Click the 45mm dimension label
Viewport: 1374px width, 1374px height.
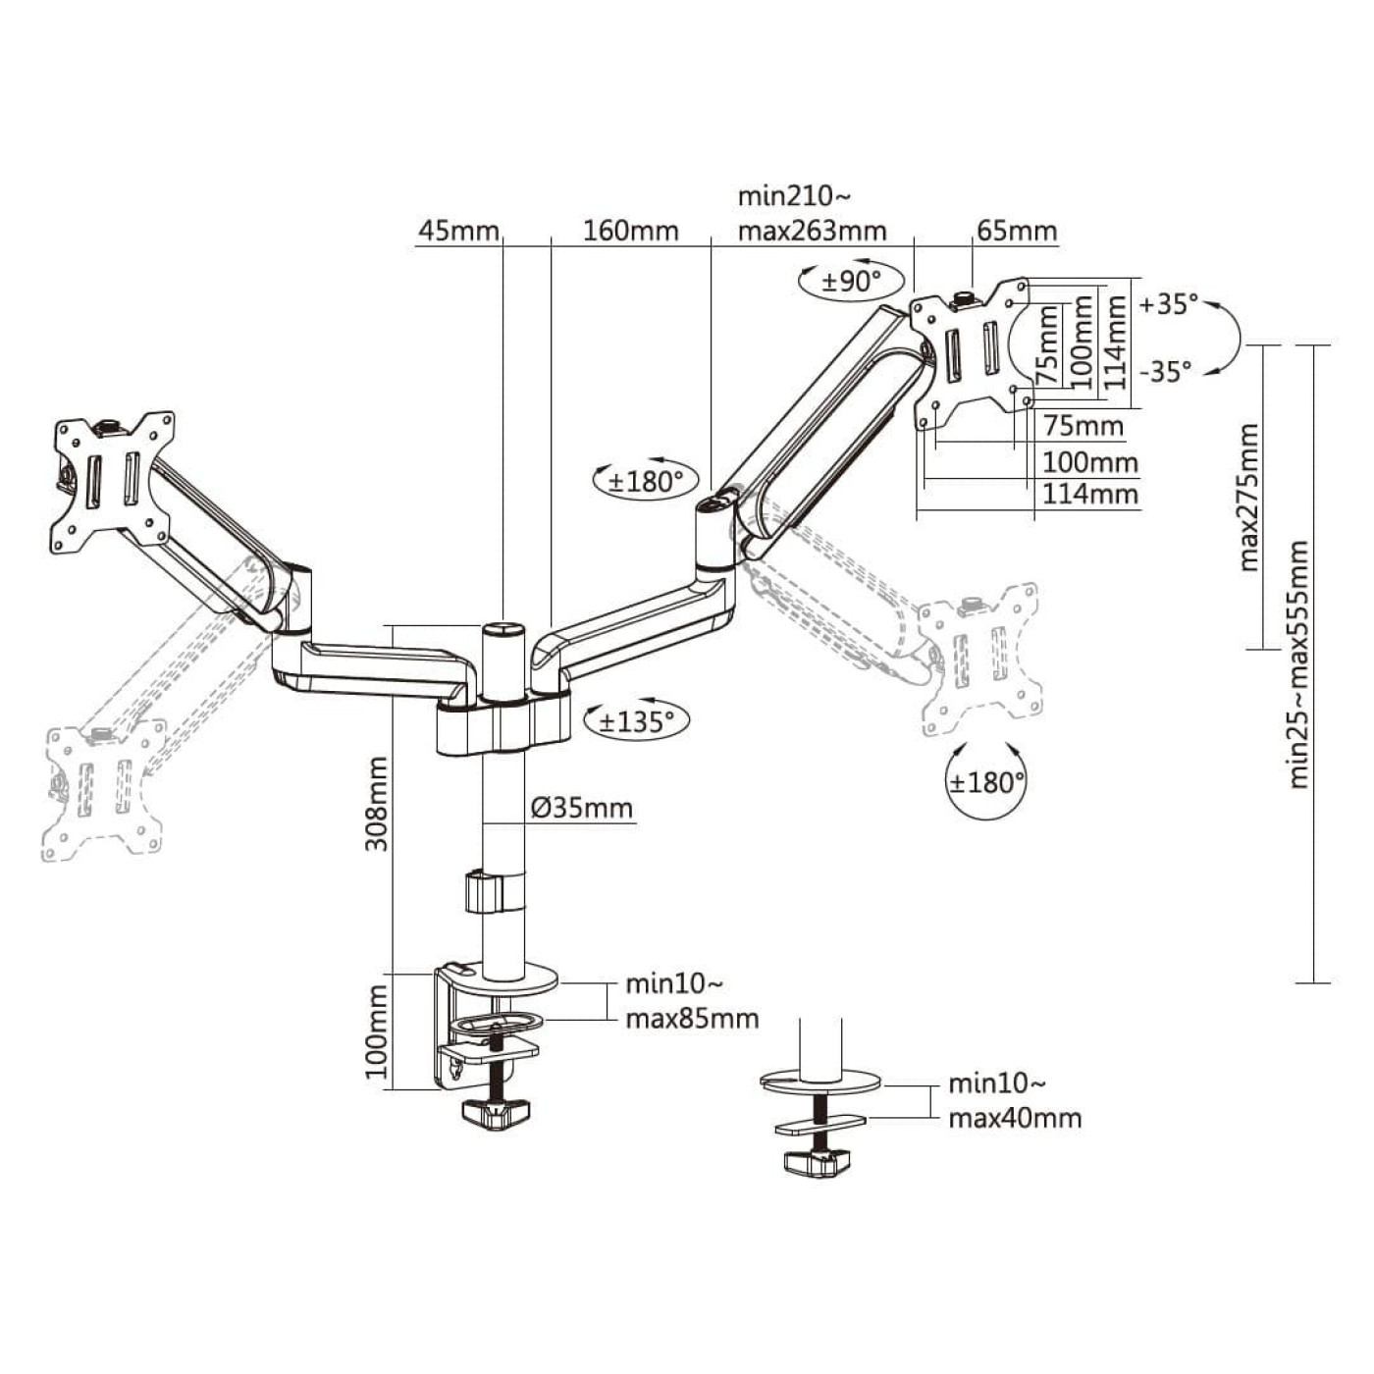[x=458, y=231]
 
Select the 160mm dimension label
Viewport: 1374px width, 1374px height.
[x=630, y=231]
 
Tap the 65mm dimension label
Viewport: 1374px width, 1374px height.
[x=1017, y=231]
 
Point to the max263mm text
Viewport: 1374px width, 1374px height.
[x=812, y=231]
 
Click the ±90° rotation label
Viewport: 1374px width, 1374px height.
[x=851, y=282]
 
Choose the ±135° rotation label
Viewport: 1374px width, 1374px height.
[x=637, y=721]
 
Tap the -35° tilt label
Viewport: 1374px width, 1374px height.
[x=1166, y=371]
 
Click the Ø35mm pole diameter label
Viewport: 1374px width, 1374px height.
[x=581, y=808]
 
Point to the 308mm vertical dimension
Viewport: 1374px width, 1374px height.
[x=377, y=803]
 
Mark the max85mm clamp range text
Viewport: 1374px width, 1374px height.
[x=692, y=1019]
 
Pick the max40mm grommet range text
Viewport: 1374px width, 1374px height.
[x=1015, y=1118]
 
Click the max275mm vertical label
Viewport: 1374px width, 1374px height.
[x=1248, y=497]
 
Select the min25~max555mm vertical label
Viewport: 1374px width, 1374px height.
[x=1298, y=663]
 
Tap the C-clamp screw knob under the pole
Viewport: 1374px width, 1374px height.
[x=496, y=1113]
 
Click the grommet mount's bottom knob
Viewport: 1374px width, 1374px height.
[x=816, y=1163]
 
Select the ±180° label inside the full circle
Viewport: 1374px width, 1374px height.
[x=986, y=782]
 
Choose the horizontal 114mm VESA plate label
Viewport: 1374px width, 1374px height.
[x=1089, y=493]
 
